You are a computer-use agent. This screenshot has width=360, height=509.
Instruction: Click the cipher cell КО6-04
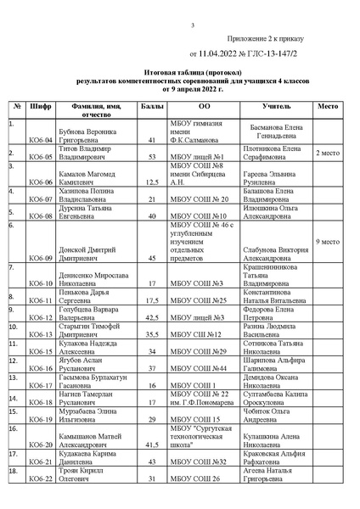[42, 139]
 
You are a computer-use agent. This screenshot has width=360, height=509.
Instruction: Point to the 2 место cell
[329, 153]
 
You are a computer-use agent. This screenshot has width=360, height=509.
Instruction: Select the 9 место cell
[329, 242]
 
